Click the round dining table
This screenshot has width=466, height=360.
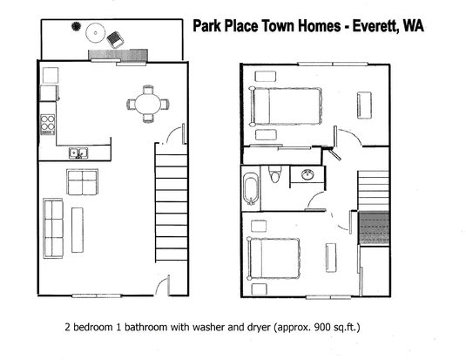coord(148,104)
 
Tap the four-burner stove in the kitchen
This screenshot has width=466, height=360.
coord(48,125)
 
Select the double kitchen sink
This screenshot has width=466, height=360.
coord(78,153)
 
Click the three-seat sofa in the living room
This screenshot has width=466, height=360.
coord(53,228)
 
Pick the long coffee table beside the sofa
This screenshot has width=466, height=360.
coord(78,230)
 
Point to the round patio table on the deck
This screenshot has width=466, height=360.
coord(96,33)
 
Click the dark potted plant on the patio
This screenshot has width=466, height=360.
coord(76,26)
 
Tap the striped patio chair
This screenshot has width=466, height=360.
coord(115,39)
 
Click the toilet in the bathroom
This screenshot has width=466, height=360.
coord(274,174)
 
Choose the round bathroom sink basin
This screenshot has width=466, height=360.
coord(308,174)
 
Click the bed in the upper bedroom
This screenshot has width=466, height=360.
coord(286,106)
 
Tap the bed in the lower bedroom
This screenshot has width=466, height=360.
coord(274,259)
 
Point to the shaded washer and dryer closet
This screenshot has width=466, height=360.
coord(375,228)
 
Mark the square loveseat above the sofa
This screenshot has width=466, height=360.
coord(83,182)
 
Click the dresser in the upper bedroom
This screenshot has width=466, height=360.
coord(364,105)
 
